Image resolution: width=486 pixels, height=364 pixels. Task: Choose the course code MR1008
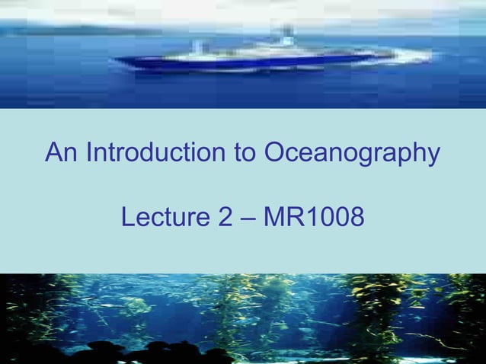(312, 219)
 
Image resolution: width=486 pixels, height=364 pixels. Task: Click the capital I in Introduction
(89, 154)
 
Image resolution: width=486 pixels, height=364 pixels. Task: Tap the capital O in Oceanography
(275, 154)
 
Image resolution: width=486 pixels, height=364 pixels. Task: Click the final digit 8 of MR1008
(355, 219)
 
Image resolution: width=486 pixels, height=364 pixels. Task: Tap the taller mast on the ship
(287, 34)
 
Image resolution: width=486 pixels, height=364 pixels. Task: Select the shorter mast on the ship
(200, 46)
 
